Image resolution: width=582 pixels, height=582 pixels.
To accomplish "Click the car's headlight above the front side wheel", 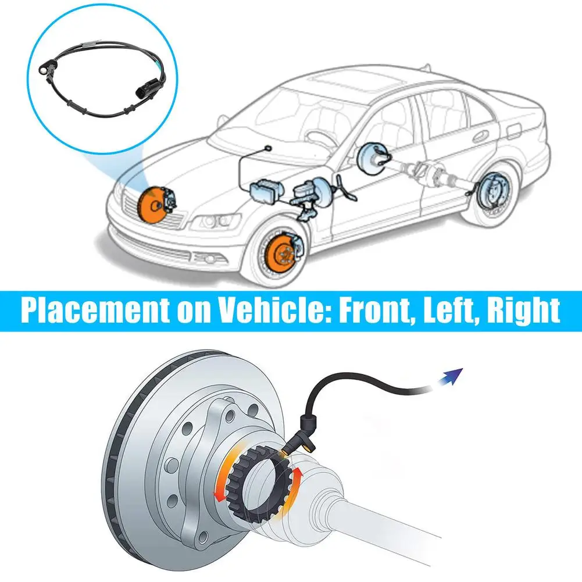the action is [216, 222].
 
